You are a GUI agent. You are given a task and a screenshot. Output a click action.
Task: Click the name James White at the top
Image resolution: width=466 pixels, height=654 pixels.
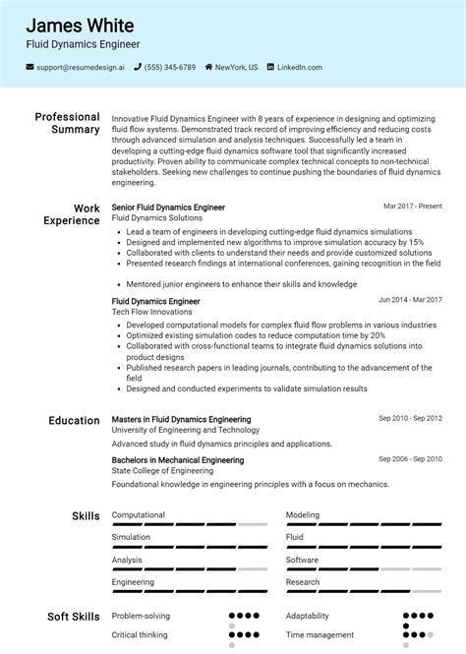pos(81,25)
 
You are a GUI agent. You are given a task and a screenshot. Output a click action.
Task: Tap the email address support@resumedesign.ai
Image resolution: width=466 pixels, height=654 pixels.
pos(81,68)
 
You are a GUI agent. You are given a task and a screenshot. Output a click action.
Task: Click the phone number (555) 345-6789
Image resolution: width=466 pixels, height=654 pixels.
pos(169,68)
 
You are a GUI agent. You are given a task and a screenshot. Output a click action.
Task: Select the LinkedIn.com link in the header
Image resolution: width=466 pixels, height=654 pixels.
pos(299,68)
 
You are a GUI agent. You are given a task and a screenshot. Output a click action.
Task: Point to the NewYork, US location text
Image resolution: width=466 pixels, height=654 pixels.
pos(237,68)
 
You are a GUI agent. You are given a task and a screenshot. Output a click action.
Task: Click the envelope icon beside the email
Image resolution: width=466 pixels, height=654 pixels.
pos(30,68)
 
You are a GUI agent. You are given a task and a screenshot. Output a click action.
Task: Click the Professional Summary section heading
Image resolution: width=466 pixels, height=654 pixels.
pos(67,123)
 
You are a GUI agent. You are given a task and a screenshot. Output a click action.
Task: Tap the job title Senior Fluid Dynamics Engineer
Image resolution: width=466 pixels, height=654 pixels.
pos(168,208)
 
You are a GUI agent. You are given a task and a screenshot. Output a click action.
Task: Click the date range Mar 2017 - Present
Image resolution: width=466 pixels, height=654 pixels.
pos(413,207)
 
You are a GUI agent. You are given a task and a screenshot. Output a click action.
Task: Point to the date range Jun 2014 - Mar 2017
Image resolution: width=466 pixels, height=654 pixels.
pos(410,300)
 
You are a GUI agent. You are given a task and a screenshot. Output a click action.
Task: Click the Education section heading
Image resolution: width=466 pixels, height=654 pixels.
pos(74,420)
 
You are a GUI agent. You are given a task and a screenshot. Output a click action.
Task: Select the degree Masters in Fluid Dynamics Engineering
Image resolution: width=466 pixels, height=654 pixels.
pos(181,419)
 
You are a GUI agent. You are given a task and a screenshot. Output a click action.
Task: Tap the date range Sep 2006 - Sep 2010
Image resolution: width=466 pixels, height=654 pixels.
pos(411,459)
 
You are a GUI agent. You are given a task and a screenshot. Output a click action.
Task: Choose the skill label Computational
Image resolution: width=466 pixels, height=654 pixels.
pos(139,514)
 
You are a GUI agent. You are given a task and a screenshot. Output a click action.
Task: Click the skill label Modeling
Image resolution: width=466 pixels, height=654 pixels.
pos(303,514)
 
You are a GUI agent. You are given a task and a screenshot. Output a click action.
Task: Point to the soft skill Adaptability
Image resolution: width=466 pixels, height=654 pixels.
pos(308,616)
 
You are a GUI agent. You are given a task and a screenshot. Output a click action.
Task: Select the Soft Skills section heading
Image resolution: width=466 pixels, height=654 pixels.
pos(72,617)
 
